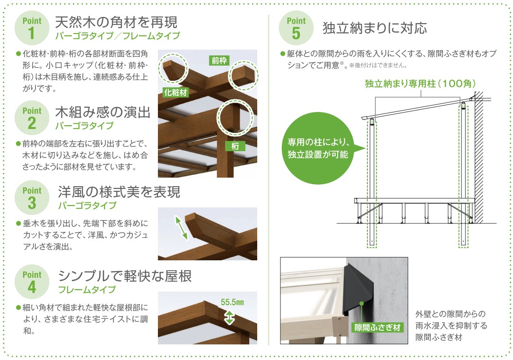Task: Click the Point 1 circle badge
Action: click(32, 28)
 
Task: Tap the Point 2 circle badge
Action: click(32, 118)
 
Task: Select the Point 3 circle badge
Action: click(32, 197)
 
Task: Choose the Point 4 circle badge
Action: click(32, 282)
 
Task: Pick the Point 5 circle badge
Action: click(296, 28)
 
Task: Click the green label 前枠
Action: click(219, 60)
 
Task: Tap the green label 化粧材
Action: click(175, 93)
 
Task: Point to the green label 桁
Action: click(235, 146)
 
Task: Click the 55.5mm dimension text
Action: click(232, 302)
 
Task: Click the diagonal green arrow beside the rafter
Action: click(181, 228)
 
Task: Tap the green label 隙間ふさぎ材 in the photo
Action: click(377, 327)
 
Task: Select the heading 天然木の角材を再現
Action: click(116, 22)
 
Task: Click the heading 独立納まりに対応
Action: click(374, 28)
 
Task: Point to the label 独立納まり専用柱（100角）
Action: click(420, 84)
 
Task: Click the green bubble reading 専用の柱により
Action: click(317, 148)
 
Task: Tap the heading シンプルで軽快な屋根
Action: click(125, 276)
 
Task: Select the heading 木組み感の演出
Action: click(103, 112)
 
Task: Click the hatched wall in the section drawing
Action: click(478, 157)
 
